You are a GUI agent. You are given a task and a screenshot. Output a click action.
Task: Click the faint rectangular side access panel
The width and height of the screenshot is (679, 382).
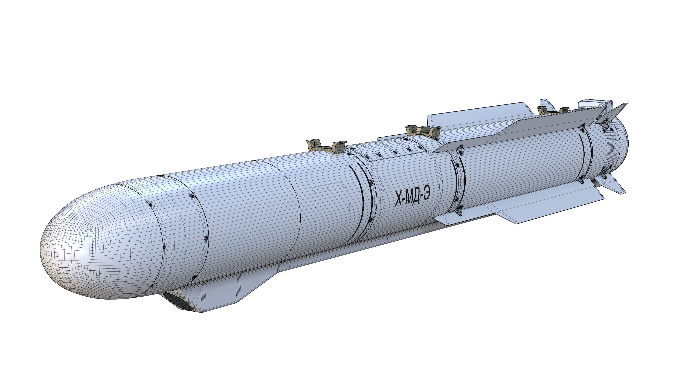click(x=329, y=211)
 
